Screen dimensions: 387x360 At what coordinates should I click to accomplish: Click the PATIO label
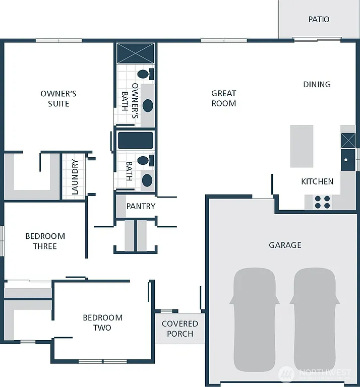[319, 19]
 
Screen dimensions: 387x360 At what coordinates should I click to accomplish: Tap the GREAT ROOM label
[223, 98]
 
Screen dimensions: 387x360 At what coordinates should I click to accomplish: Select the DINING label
[317, 84]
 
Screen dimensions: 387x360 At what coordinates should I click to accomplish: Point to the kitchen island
[302, 146]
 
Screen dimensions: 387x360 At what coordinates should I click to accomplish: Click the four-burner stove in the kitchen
[322, 202]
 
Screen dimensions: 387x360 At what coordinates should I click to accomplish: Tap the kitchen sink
[347, 160]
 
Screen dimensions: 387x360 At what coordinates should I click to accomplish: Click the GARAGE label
[285, 245]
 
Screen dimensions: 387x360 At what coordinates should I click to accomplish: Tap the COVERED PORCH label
[179, 329]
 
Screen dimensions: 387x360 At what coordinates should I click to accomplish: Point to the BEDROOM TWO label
[103, 322]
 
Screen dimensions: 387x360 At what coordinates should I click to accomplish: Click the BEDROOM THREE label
[45, 241]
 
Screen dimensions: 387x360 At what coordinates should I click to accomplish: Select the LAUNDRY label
[75, 177]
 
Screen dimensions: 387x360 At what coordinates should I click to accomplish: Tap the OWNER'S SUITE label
[58, 98]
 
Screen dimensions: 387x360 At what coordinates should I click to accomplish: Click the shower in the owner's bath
[135, 53]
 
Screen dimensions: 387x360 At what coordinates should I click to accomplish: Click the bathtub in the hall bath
[135, 140]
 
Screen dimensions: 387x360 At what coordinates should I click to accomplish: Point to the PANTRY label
[141, 206]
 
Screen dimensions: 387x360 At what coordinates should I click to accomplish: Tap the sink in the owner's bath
[148, 105]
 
